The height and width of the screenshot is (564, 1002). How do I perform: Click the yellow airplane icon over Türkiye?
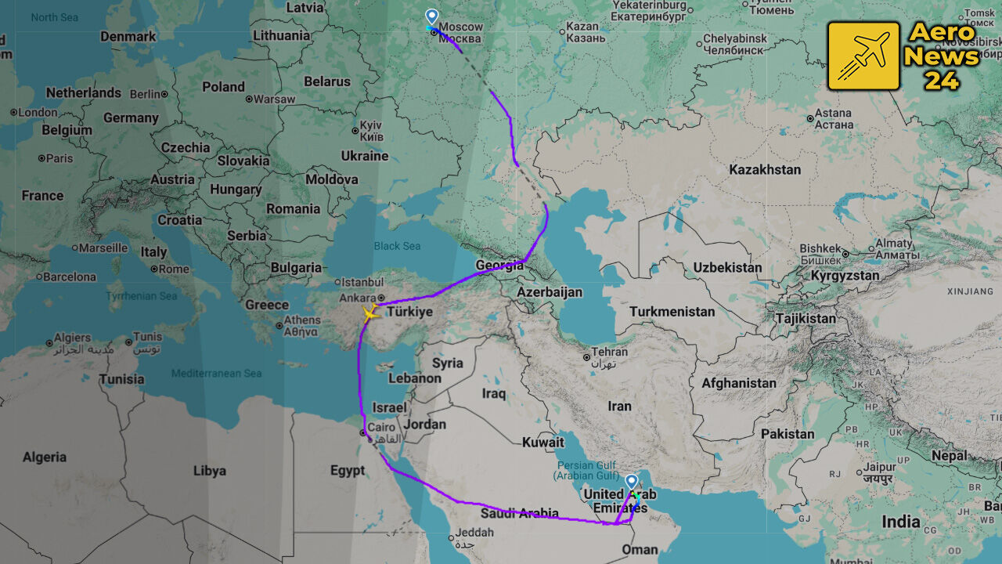point(369,314)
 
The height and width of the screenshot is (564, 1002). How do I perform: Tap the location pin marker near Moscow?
point(431,16)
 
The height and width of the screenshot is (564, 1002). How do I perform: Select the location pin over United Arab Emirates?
point(631,482)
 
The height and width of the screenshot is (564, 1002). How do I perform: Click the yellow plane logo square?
point(863,56)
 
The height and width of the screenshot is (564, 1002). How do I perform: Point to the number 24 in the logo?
point(942,80)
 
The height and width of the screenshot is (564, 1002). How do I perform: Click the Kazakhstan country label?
point(765,169)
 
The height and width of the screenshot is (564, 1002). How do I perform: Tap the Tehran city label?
point(610,352)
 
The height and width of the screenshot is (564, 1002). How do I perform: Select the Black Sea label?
point(397,246)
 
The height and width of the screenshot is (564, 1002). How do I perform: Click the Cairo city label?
point(381,427)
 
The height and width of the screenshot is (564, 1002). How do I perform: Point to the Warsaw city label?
point(274,99)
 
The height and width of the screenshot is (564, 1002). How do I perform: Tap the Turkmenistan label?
point(672,311)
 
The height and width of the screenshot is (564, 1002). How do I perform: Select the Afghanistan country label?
point(738,383)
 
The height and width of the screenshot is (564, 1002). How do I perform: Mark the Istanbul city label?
point(361,281)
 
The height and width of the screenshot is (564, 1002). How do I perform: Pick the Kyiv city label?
point(370,125)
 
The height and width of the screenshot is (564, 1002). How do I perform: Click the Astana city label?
point(832,114)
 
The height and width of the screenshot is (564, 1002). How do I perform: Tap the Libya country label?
point(209,471)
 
